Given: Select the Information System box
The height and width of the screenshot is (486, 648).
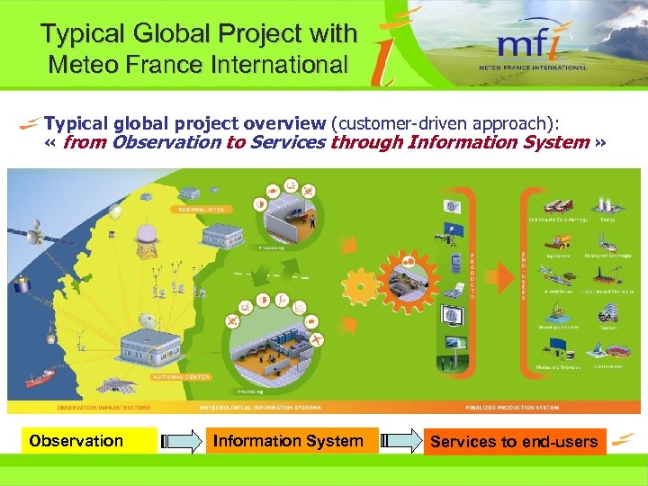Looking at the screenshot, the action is (287, 441).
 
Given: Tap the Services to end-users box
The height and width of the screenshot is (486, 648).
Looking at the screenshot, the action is (514, 441).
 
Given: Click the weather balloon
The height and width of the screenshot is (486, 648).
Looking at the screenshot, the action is (115, 212).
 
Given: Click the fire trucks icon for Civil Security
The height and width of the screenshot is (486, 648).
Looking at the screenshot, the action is (553, 204).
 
